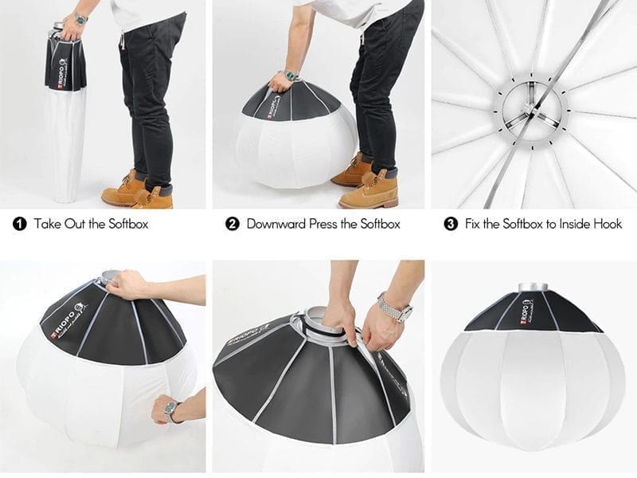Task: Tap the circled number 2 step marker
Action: point(233,224)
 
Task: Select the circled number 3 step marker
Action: point(451,224)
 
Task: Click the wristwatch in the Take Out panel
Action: point(80,18)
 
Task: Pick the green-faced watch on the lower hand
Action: point(171,412)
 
